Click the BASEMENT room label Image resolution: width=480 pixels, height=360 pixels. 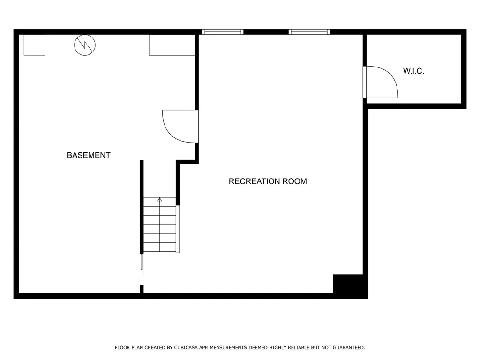[x=89, y=155]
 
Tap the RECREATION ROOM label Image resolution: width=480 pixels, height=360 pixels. [x=268, y=181]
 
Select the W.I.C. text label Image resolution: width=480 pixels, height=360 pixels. [x=413, y=71]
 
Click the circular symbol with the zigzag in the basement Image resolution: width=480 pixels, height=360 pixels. [x=85, y=45]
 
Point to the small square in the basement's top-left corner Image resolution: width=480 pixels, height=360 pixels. [x=34, y=45]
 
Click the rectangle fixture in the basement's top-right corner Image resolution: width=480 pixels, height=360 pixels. [x=172, y=45]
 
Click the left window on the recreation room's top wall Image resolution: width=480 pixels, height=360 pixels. [x=223, y=32]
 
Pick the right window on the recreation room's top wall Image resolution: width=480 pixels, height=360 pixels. [x=309, y=32]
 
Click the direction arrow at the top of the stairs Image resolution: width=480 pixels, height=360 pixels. [x=160, y=200]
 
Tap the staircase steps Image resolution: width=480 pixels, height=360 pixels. [x=159, y=225]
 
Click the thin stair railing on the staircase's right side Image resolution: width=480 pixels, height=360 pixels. [x=178, y=229]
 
